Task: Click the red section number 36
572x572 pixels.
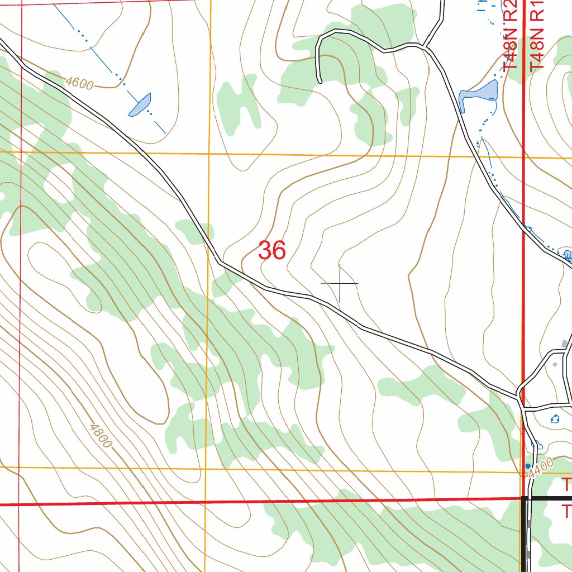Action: [x=272, y=251]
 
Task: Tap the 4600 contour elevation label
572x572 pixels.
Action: [x=79, y=84]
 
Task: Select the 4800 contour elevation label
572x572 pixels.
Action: [x=101, y=436]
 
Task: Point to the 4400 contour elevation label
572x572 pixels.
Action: [x=540, y=466]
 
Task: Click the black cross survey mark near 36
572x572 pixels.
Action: [x=340, y=284]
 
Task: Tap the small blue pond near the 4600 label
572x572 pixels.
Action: [x=140, y=104]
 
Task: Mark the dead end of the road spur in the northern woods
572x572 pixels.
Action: [x=320, y=82]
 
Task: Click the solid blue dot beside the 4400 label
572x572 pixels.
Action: [x=528, y=465]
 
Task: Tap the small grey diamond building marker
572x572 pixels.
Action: [x=555, y=364]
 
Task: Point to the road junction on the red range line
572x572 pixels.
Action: [x=521, y=393]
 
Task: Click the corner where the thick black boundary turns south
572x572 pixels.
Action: [x=525, y=498]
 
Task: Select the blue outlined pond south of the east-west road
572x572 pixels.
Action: [x=555, y=419]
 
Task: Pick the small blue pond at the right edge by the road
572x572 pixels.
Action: [x=568, y=255]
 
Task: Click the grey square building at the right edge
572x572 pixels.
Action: [x=569, y=342]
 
